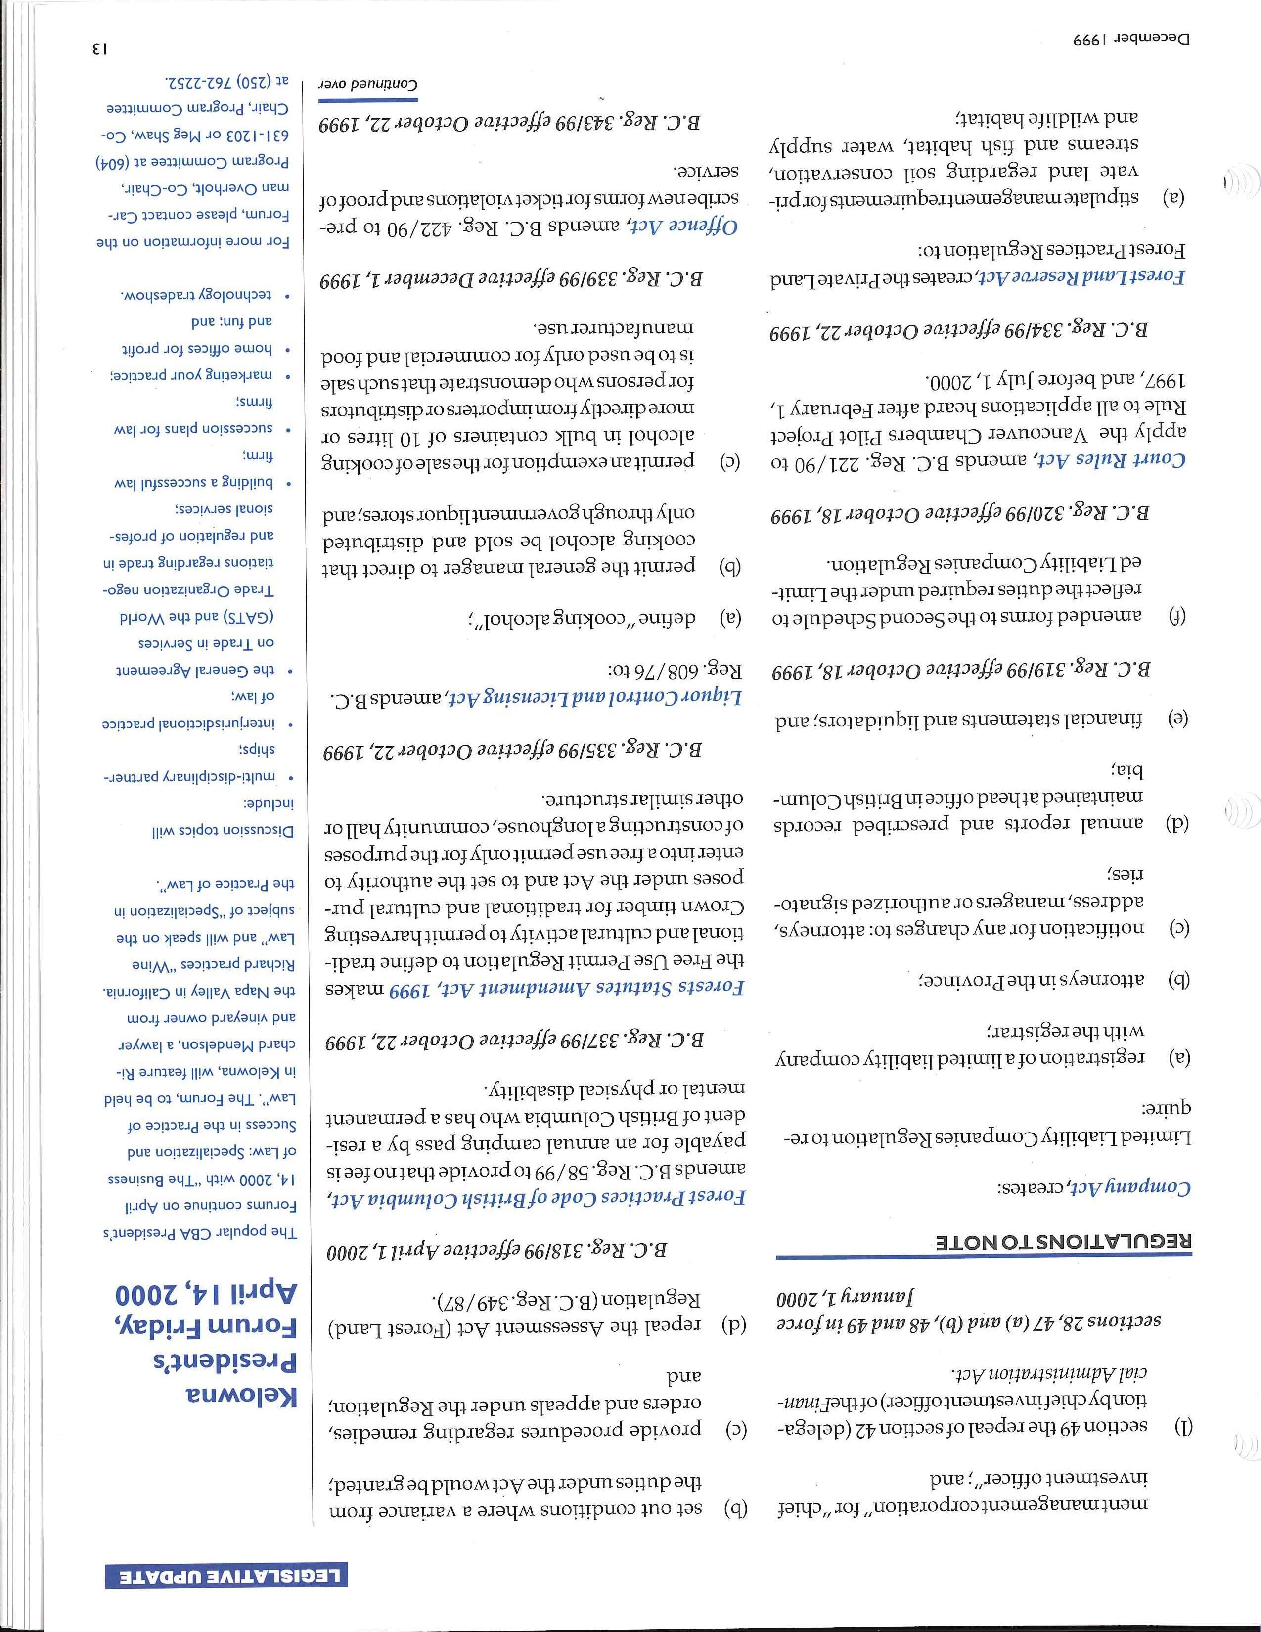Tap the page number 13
pyautogui.click(x=98, y=49)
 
